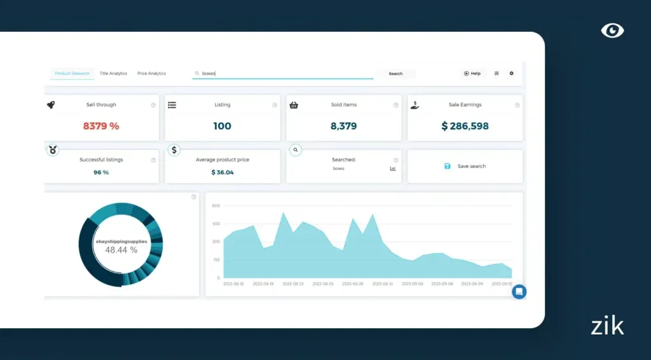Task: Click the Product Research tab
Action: click(72, 74)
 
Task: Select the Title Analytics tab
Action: click(113, 74)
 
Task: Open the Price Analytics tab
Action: click(151, 74)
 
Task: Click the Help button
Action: click(472, 74)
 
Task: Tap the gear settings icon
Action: click(511, 74)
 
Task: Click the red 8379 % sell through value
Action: click(101, 126)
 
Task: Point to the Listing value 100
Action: click(222, 126)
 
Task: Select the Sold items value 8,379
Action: click(344, 126)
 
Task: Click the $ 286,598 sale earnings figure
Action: click(465, 126)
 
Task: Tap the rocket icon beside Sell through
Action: click(51, 105)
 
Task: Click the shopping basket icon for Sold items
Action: click(294, 105)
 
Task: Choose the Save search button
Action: click(465, 166)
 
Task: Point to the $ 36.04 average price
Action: click(223, 172)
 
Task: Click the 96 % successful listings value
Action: click(101, 172)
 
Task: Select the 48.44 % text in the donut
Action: click(121, 250)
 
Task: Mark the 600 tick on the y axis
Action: click(216, 205)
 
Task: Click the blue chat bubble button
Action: click(519, 292)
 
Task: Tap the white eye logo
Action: click(612, 30)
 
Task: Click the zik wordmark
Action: click(607, 326)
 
